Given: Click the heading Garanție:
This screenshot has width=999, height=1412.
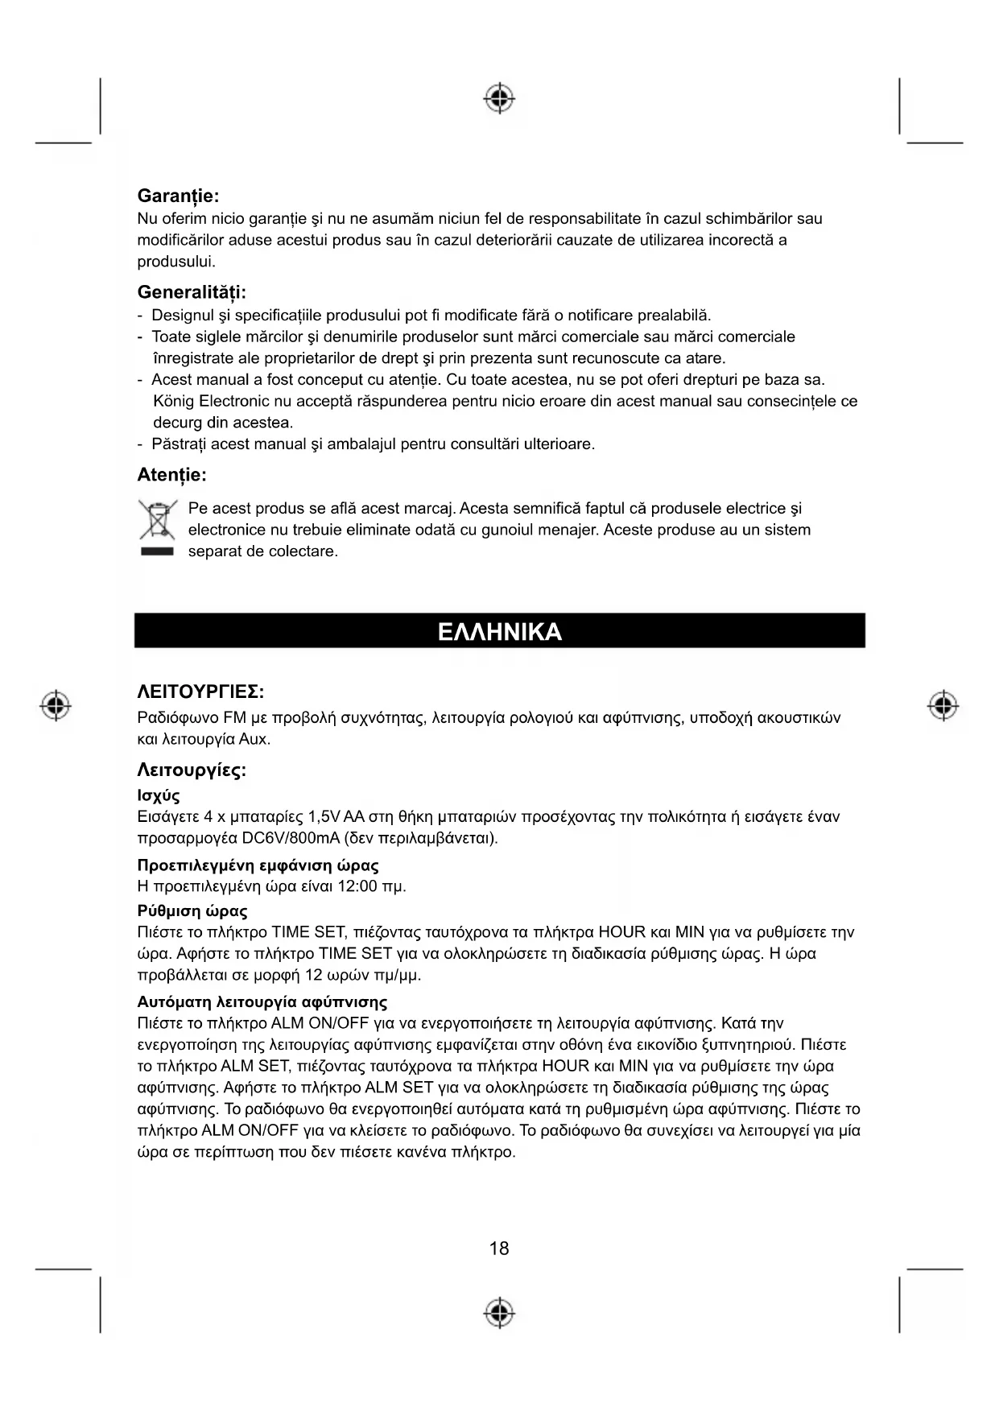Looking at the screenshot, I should [x=178, y=196].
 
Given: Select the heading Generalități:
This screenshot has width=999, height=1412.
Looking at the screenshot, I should [x=192, y=291].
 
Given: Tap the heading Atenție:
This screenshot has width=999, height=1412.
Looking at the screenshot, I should [x=171, y=475].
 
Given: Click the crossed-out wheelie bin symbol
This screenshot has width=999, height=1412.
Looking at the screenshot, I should [x=157, y=521].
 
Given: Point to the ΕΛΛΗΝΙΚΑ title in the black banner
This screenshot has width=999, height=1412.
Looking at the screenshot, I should [x=499, y=631].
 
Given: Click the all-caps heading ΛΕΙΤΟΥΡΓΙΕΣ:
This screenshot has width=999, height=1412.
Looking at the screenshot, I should [x=200, y=692].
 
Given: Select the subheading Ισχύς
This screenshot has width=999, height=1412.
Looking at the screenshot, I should [x=159, y=796].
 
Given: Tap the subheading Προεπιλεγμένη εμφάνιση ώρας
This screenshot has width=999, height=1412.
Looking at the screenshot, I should [x=258, y=865].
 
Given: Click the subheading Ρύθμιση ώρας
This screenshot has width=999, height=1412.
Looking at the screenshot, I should [x=192, y=911].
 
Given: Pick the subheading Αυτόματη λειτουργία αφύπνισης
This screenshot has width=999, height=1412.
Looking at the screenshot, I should [x=262, y=1002].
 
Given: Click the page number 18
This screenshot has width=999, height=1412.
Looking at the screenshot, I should [x=499, y=1249].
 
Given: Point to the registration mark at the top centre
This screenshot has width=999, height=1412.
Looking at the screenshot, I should [x=499, y=97].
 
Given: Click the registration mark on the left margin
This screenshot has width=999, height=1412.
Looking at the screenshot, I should [x=56, y=705].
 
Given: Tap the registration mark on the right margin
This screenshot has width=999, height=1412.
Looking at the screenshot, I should [x=943, y=705].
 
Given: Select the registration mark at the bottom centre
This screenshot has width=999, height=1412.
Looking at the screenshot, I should [x=499, y=1312].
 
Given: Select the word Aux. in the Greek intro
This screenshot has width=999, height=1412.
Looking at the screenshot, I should [x=254, y=739].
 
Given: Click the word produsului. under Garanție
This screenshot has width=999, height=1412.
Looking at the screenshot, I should [x=176, y=262].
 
